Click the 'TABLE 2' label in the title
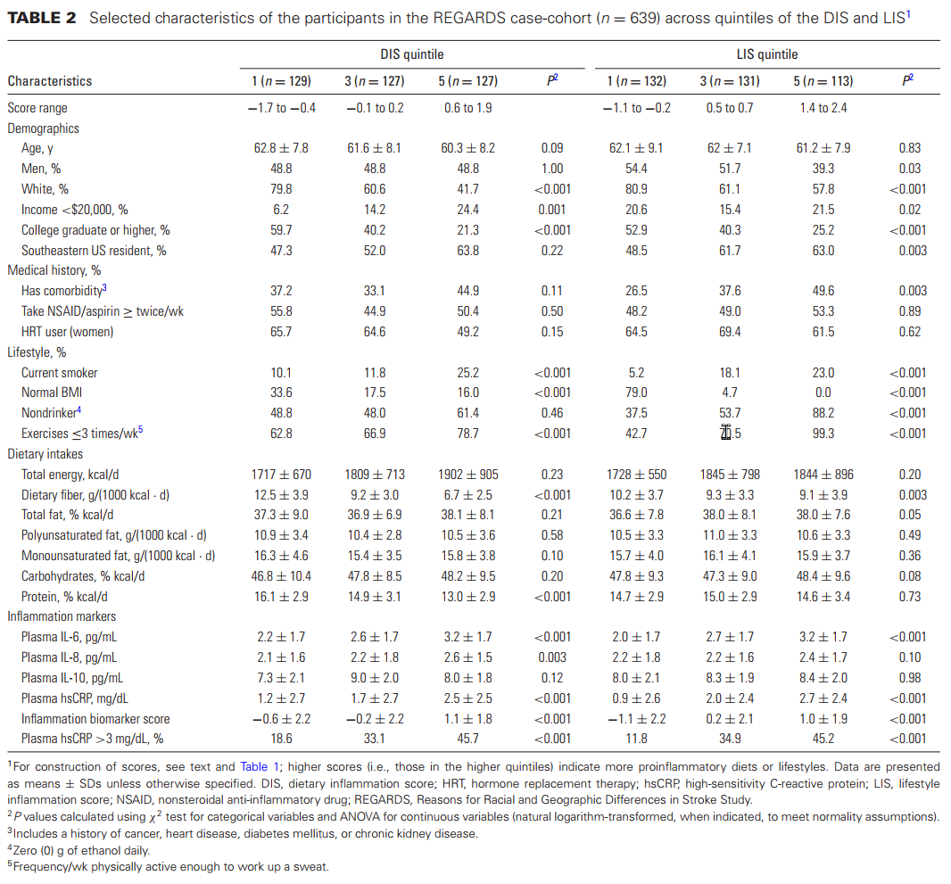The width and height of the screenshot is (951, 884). pos(42,18)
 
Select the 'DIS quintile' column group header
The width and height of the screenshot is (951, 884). pos(412,54)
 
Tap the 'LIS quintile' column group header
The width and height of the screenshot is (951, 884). pos(767,54)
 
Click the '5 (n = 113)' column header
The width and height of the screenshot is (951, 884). pos(823,81)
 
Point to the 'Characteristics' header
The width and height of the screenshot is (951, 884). pos(50,81)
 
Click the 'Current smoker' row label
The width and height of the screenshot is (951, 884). pos(60,373)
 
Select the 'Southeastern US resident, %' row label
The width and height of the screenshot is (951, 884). pos(94,251)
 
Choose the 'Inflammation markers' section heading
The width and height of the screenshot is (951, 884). pos(62,616)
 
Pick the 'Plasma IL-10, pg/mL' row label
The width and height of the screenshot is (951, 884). pos(72,678)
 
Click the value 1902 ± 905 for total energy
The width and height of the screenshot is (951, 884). pos(467,475)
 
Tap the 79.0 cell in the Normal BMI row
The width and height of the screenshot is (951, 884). pos(636,392)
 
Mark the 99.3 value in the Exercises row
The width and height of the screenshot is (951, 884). pos(823,434)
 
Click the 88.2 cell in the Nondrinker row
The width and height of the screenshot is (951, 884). pos(823,413)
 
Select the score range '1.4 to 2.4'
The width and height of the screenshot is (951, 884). pos(823,108)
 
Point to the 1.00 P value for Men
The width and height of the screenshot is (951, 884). pos(552,169)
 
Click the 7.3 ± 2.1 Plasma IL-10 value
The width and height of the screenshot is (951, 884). pos(281,678)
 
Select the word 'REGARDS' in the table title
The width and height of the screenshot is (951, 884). pos(469,18)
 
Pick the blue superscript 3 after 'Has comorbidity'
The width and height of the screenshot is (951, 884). pos(104,287)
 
